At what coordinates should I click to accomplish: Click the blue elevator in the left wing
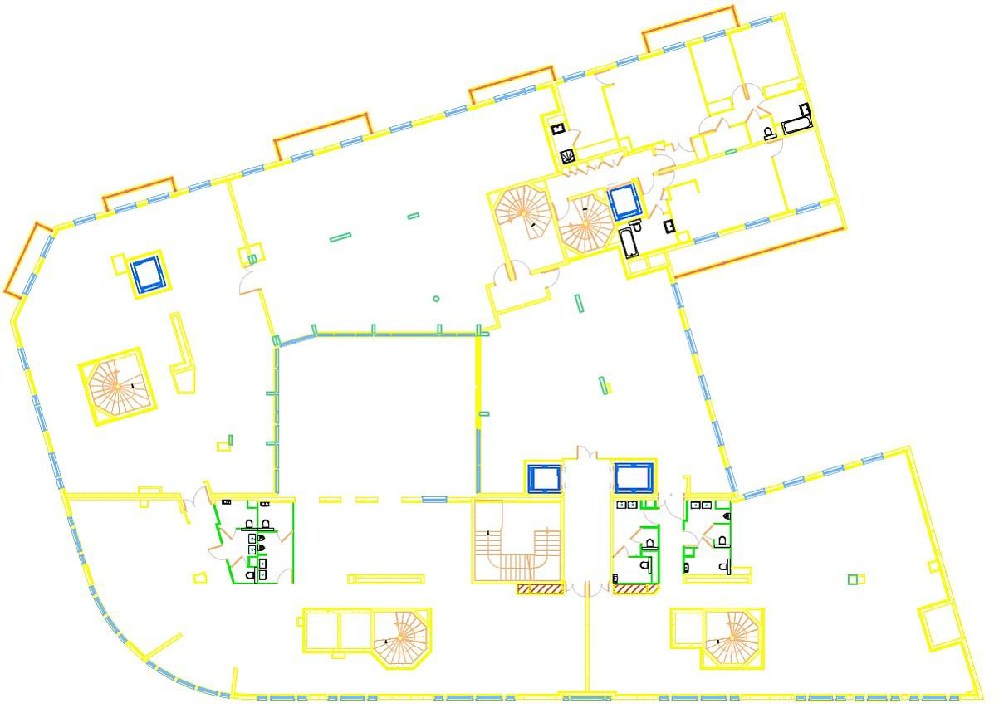149,274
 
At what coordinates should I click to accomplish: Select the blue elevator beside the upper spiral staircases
624,202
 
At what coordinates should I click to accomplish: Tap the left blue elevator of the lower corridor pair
544,479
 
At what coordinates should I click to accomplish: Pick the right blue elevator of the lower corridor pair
634,478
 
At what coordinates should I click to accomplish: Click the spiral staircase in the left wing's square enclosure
117,387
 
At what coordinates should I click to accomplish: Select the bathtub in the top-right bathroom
796,125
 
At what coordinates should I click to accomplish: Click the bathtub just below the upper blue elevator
628,244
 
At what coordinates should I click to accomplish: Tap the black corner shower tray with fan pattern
567,156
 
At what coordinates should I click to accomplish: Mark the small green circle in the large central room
436,299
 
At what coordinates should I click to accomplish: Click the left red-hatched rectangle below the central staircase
540,589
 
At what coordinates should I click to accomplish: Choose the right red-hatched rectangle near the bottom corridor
635,589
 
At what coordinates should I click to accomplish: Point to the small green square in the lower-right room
852,579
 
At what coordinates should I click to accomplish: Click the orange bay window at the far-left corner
26,259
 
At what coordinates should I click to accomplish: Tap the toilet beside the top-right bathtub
769,133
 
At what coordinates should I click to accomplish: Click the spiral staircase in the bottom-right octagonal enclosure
732,637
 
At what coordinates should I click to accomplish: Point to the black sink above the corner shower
559,129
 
